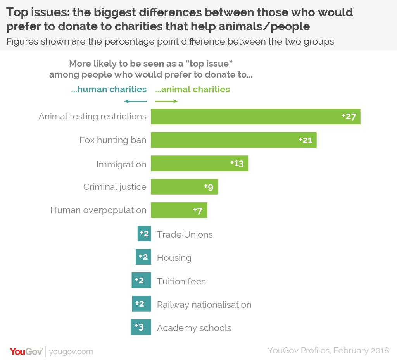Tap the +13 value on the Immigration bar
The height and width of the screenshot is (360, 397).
pyautogui.click(x=237, y=163)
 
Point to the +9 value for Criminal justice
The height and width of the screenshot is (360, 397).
pyautogui.click(x=209, y=187)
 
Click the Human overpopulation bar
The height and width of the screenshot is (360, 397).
pyautogui.click(x=179, y=210)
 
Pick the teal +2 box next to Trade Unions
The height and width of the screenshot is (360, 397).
pyautogui.click(x=144, y=234)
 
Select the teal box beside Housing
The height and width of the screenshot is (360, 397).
pyautogui.click(x=143, y=257)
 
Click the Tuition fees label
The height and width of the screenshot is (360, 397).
pyautogui.click(x=181, y=281)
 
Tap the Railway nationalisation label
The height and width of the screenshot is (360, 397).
pyautogui.click(x=204, y=305)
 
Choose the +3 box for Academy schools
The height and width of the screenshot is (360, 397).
pyautogui.click(x=141, y=327)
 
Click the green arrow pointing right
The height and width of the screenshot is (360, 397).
pyautogui.click(x=166, y=102)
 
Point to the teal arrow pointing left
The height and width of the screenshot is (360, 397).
pyautogui.click(x=135, y=102)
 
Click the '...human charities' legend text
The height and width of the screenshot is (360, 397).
pyautogui.click(x=109, y=90)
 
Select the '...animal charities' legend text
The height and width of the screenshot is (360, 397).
pyautogui.click(x=192, y=90)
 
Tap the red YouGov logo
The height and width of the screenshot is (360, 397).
pyautogui.click(x=26, y=351)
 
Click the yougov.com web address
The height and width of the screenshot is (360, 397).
pyautogui.click(x=71, y=351)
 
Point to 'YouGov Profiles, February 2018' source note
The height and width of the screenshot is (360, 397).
pyautogui.click(x=328, y=350)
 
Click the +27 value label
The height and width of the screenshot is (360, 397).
pyautogui.click(x=349, y=117)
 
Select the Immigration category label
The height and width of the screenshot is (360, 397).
pyautogui.click(x=121, y=164)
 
